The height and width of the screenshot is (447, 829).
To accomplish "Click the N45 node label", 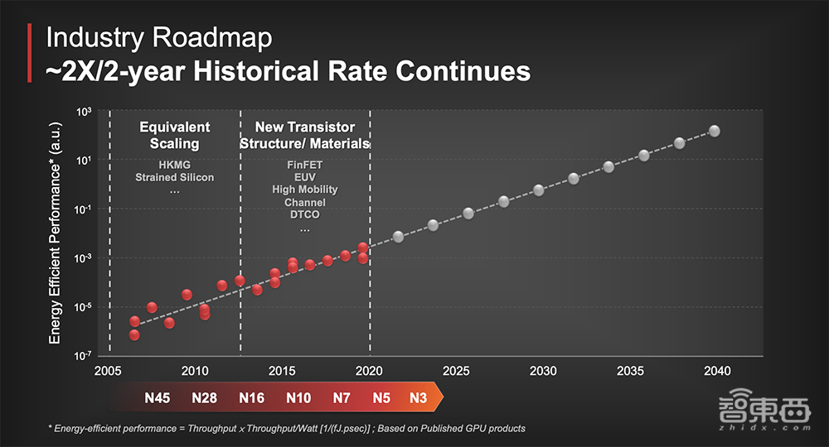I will point(157,397).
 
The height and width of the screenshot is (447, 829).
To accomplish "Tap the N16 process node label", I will point(251,397).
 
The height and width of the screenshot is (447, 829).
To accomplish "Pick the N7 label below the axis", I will point(342,397).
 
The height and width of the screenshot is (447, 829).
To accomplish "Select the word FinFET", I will point(304,166).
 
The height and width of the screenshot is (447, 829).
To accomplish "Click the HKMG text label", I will point(174,165).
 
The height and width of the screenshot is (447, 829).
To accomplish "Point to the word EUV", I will point(304,177).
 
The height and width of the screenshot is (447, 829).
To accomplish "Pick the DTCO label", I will point(304,215).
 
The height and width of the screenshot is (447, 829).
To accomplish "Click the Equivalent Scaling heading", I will point(174,135).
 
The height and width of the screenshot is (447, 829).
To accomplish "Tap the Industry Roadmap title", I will point(158,37).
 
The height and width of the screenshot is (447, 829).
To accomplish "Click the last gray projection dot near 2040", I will point(714,131).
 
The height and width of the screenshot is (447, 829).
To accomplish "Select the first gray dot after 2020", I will point(399,237).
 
